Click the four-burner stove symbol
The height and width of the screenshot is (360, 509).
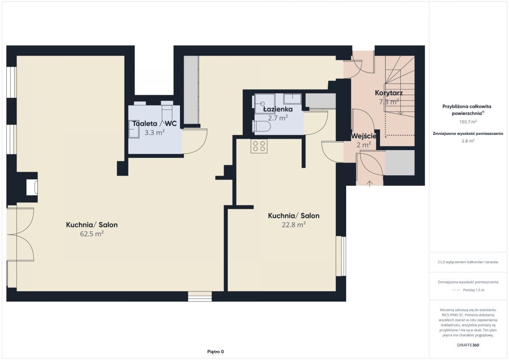(259, 146)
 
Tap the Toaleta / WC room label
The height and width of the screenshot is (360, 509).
(154, 123)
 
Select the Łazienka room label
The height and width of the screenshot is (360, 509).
(278, 109)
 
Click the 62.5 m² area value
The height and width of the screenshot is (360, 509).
(92, 234)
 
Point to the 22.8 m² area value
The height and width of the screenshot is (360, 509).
(294, 224)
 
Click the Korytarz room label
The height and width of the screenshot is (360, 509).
(389, 93)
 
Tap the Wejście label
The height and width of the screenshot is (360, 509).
(364, 136)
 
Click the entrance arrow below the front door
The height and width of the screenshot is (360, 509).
(369, 184)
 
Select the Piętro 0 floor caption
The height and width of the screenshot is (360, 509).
(215, 352)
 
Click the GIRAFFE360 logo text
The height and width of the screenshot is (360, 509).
(468, 345)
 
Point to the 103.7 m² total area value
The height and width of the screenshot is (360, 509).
(468, 122)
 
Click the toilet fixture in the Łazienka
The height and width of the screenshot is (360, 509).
(261, 126)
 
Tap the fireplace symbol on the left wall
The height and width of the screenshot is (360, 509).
(32, 187)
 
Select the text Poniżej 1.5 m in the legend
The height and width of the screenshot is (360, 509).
(474, 290)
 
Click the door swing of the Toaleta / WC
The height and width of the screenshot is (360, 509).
(195, 141)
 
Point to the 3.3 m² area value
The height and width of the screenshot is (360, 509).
(154, 132)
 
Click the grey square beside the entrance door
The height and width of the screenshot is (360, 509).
(400, 163)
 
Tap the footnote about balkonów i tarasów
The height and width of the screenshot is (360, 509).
(468, 262)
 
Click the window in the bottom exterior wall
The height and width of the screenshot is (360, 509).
(200, 296)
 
